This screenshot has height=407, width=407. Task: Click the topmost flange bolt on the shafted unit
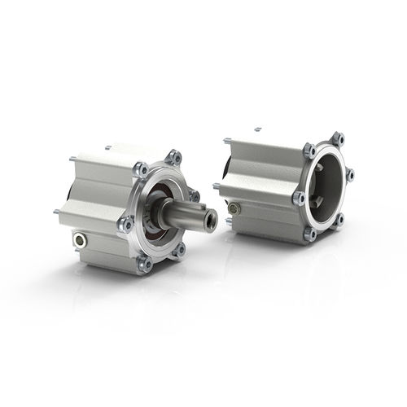pyautogui.click(x=174, y=156)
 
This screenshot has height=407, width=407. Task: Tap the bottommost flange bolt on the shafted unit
pyautogui.click(x=144, y=262)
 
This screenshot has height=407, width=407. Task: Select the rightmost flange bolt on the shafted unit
pyautogui.click(x=194, y=195)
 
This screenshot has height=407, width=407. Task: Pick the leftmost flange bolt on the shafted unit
pyautogui.click(x=125, y=223)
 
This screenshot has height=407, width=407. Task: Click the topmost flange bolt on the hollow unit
pyautogui.click(x=339, y=138)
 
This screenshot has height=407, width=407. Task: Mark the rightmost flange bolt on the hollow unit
pyautogui.click(x=350, y=174)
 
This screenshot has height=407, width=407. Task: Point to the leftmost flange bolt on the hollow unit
pyautogui.click(x=299, y=197)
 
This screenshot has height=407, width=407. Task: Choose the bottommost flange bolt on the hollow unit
pyautogui.click(x=310, y=234)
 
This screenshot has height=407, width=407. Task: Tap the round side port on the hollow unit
pyautogui.click(x=234, y=208)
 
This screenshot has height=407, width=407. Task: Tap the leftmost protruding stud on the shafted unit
pyautogui.click(x=56, y=212)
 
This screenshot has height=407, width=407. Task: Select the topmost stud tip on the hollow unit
pyautogui.click(x=257, y=129)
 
